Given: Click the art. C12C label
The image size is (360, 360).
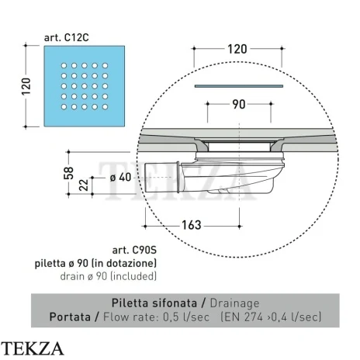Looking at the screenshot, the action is pos(67,38).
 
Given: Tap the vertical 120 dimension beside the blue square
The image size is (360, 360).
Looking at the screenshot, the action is pos(26,86).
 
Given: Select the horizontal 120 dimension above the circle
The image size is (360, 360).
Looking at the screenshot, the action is pos(237,49).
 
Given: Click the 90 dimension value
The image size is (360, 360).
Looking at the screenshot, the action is pos(239,105).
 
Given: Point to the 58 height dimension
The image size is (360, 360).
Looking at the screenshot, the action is pos(68,173).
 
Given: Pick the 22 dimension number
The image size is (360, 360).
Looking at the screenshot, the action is pos(84,185).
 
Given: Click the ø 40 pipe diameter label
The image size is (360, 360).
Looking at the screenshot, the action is pos(120,178).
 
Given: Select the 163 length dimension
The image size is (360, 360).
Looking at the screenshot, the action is pos(192,225).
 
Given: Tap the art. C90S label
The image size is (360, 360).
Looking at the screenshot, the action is pos(134,250).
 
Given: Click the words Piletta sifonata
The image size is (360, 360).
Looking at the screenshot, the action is pos(154,303).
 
